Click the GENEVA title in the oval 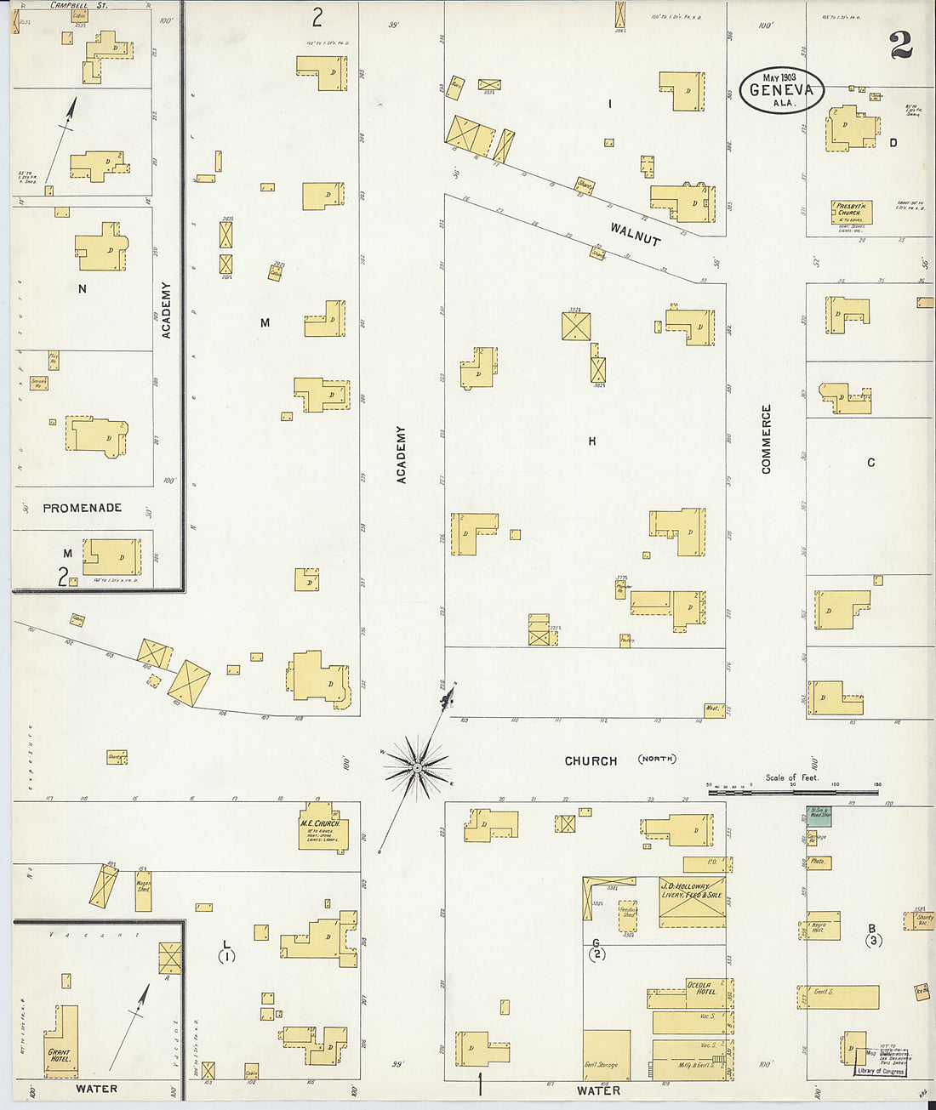[781, 90]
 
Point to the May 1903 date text [779, 77]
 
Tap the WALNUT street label [635, 233]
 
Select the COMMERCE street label [767, 439]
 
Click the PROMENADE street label [83, 508]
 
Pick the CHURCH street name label [591, 760]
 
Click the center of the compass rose [417, 768]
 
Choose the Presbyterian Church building [851, 212]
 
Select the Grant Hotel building [61, 1041]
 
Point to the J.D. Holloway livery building [692, 902]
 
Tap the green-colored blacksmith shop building [819, 814]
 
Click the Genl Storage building [607, 1055]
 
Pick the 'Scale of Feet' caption [791, 777]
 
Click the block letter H [591, 441]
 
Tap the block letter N [83, 289]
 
